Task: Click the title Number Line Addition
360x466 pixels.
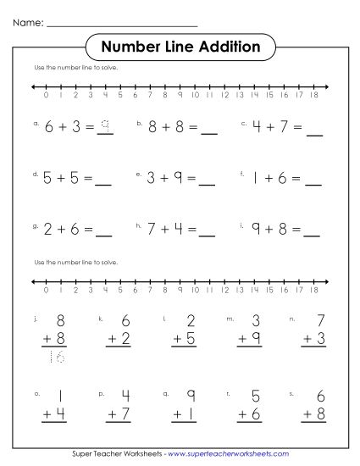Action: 180,46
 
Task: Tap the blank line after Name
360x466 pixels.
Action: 122,25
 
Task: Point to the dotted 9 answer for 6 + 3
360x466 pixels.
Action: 105,128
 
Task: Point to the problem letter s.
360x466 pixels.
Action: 291,394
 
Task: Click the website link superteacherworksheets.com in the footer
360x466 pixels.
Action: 230,455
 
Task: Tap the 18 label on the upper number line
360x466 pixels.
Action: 314,96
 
